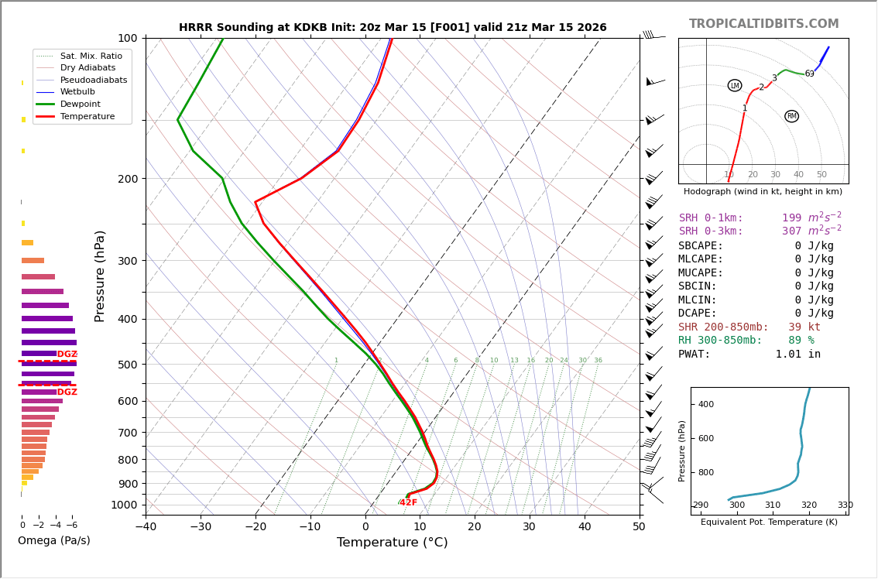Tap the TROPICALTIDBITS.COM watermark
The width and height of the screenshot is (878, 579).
(763, 24)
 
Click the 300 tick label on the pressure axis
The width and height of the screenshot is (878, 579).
(127, 261)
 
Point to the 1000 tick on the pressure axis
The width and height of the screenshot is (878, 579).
(124, 505)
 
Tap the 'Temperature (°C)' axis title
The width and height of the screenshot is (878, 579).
(393, 543)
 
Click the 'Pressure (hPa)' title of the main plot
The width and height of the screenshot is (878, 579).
(100, 276)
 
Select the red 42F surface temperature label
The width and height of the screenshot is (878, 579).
(408, 503)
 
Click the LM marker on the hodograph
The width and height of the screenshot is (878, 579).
(735, 85)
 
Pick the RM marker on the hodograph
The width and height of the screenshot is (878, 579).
(791, 116)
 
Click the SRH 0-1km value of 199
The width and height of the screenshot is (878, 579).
(791, 218)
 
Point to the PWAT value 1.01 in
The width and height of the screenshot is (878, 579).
(797, 355)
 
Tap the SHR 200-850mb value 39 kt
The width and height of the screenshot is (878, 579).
(804, 327)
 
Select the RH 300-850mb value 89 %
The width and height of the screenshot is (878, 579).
(801, 341)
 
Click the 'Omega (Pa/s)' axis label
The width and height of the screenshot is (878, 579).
(54, 541)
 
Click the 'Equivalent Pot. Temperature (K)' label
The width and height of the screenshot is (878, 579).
(769, 522)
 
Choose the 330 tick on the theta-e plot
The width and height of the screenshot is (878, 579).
(845, 505)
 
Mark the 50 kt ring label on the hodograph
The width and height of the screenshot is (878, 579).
(821, 175)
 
